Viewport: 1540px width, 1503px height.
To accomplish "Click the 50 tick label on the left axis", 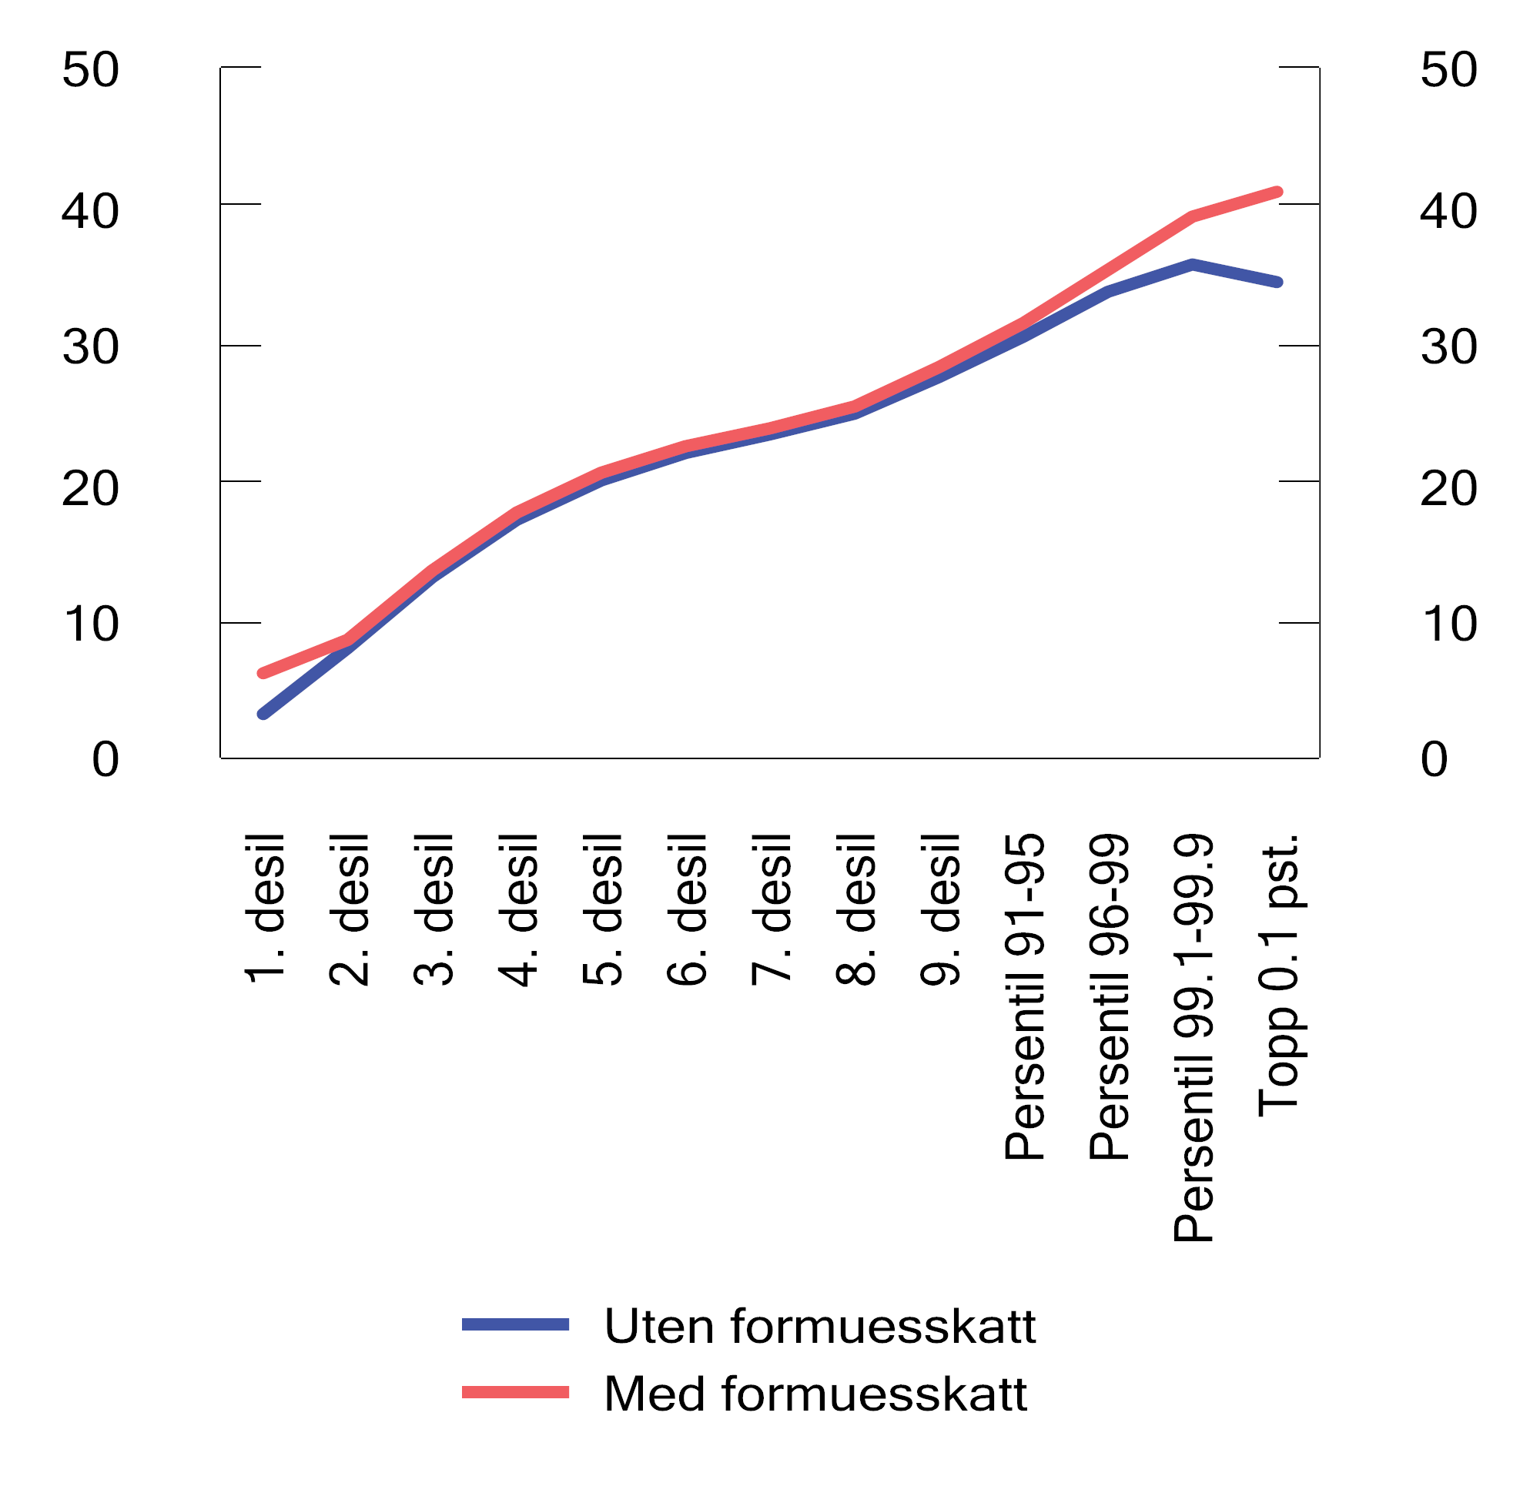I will click(x=91, y=69).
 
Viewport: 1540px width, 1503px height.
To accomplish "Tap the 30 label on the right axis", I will click(x=1448, y=346).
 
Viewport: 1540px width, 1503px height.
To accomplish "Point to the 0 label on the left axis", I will click(x=105, y=759).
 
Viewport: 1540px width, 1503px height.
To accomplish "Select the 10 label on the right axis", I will click(x=1448, y=624).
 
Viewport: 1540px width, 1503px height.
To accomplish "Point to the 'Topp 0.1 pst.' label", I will click(x=1278, y=975).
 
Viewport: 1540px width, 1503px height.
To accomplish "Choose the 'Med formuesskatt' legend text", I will click(x=815, y=1394).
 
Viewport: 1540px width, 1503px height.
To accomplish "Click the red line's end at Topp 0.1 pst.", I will click(x=1278, y=192).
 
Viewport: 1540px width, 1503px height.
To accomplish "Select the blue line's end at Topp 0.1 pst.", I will click(x=1278, y=282).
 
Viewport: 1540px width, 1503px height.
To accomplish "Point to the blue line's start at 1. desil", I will click(x=263, y=714).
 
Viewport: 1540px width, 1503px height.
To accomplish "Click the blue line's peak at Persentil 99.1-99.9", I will click(x=1193, y=264).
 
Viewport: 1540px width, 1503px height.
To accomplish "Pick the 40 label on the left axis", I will click(x=91, y=212).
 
